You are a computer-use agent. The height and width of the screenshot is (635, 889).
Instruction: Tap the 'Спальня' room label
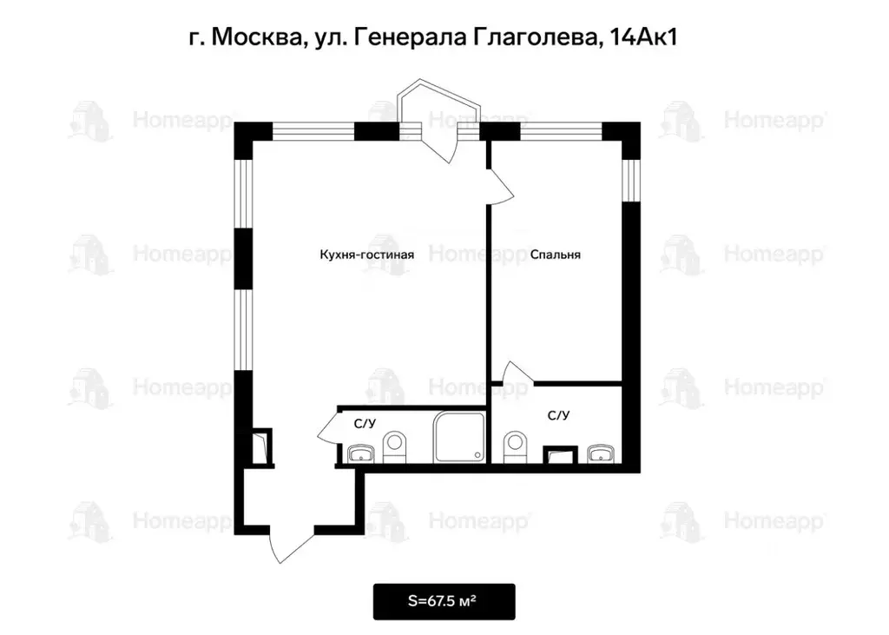(x=555, y=255)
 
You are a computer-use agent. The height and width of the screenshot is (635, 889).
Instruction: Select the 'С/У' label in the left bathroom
(x=365, y=424)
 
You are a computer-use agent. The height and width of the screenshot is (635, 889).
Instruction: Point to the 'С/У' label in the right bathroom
(x=558, y=415)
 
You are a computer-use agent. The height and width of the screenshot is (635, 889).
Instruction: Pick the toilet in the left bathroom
(x=395, y=446)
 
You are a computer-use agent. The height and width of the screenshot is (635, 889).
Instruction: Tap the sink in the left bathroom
(x=359, y=453)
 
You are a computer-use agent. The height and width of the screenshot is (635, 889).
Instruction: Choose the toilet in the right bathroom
(x=515, y=446)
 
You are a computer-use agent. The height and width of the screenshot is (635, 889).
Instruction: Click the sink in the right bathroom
(x=600, y=453)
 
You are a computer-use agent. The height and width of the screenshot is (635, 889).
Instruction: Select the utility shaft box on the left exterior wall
(x=260, y=446)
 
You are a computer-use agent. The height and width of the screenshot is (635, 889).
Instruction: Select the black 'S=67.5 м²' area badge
(x=444, y=601)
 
